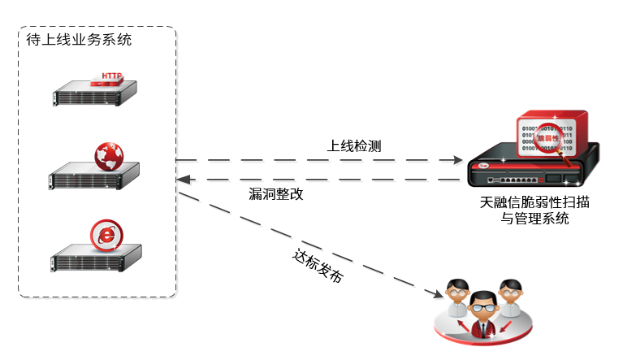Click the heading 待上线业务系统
point(79,39)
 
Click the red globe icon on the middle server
point(109,156)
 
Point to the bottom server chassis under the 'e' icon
point(93,259)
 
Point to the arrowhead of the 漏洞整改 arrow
point(184,179)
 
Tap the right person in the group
point(510,296)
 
